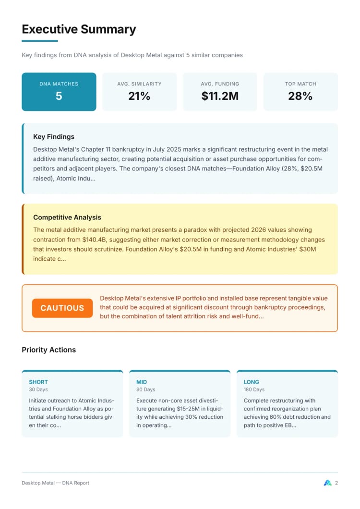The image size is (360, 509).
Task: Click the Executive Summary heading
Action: (79, 29)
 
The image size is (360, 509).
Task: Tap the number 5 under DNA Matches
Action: (59, 96)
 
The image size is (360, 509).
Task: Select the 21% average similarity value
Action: (139, 96)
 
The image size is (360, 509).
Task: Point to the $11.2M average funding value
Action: (220, 96)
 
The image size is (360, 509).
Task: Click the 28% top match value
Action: (300, 96)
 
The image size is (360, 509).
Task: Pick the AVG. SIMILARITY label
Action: (139, 84)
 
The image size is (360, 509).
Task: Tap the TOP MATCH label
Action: (300, 84)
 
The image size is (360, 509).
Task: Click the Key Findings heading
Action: (54, 137)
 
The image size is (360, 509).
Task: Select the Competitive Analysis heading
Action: (67, 218)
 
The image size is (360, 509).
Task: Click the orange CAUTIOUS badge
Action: (62, 308)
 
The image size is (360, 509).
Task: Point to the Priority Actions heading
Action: (48, 350)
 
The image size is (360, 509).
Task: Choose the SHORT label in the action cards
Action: (38, 382)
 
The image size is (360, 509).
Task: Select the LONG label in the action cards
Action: (251, 382)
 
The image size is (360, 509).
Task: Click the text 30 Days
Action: (38, 389)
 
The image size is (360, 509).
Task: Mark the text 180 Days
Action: (254, 389)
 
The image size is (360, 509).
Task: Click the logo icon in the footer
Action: (328, 483)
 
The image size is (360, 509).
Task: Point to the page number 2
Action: (336, 483)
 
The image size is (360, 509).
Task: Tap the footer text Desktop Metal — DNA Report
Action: (55, 483)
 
